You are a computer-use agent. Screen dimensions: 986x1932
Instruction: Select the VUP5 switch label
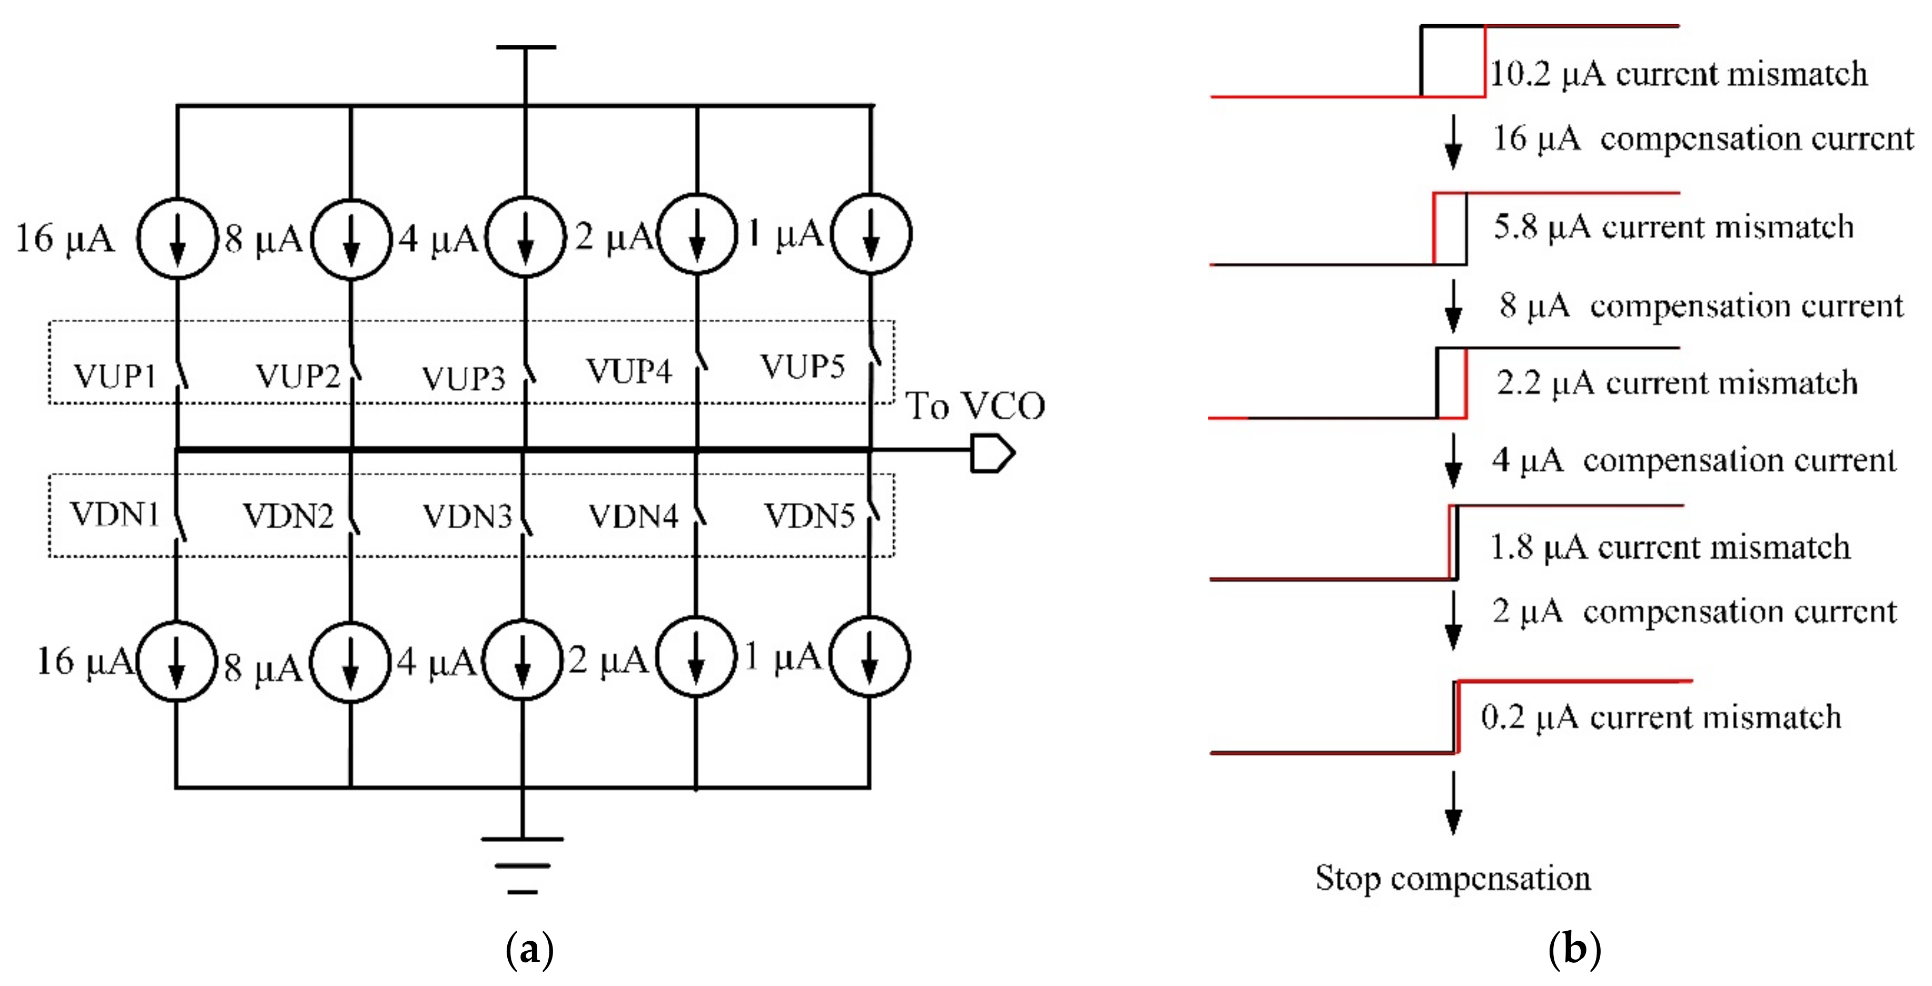pos(802,367)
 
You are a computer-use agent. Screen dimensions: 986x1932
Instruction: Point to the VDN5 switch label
pos(809,516)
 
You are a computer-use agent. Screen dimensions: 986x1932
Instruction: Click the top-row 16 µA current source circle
pos(177,239)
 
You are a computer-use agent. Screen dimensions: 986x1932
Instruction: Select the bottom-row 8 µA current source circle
pos(350,662)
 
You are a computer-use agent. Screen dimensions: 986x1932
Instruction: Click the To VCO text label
pos(975,406)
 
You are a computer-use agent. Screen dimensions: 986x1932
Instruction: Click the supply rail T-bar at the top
pos(525,47)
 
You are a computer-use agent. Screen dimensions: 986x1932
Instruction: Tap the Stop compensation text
pos(1453,877)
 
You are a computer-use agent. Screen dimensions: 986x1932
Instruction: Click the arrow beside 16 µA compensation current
pos(1453,142)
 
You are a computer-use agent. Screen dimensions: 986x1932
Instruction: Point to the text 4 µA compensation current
pos(1693,460)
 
